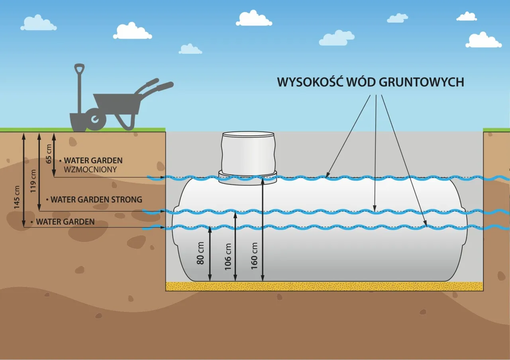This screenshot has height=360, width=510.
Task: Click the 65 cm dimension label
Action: [49, 154]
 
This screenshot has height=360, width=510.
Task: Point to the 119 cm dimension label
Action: [33, 180]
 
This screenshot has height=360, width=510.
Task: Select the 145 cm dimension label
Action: [17, 197]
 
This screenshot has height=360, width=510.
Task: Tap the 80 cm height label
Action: [201, 253]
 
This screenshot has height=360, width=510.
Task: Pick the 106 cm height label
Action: [228, 257]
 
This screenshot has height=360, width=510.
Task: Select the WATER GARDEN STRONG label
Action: [96, 199]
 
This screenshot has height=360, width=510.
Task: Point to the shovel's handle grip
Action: [79, 67]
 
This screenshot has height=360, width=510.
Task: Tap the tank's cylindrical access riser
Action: [247, 151]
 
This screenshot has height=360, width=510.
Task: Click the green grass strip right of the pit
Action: [496, 130]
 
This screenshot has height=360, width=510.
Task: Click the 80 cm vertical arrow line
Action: [210, 255]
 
